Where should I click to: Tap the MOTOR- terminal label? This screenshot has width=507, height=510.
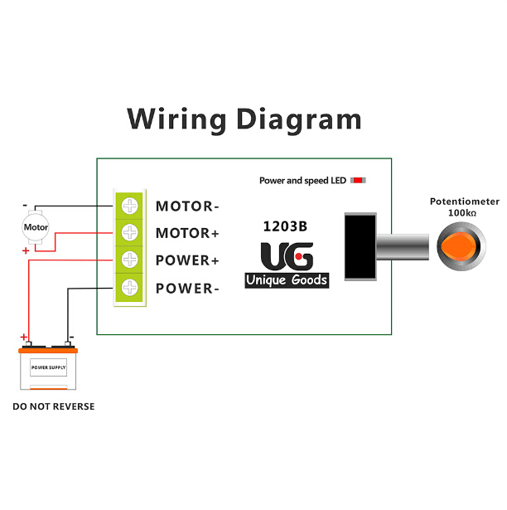(x=187, y=206)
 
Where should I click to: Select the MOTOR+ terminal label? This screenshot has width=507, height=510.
(x=187, y=233)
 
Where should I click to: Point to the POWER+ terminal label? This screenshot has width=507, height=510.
(x=187, y=260)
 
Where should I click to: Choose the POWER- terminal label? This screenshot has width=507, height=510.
(x=187, y=289)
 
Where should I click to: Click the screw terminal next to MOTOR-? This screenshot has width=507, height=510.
(x=130, y=206)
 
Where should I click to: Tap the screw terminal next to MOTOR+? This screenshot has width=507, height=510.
(x=130, y=232)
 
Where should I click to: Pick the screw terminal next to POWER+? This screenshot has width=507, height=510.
(x=130, y=260)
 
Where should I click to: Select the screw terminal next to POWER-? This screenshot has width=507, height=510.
(x=130, y=289)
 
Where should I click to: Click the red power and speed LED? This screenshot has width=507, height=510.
(x=360, y=180)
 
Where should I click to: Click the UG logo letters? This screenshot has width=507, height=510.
(x=287, y=256)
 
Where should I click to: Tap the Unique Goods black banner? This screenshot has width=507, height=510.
(x=287, y=280)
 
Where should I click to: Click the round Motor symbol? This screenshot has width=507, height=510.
(x=36, y=226)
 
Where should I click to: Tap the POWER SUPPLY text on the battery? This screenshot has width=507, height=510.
(x=49, y=367)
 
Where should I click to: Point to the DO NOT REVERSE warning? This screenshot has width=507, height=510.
(x=53, y=406)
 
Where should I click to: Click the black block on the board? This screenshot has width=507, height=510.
(x=360, y=246)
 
